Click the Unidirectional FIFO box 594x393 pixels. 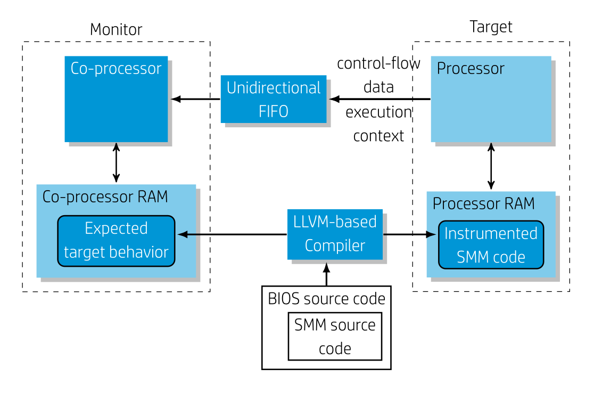click(274, 99)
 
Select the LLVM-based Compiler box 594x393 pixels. click(335, 234)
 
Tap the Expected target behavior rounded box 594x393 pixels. click(116, 240)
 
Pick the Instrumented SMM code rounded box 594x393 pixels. click(491, 245)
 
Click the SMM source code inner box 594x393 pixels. click(335, 336)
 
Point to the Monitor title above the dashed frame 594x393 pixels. click(116, 29)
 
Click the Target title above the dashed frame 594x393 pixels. click(491, 27)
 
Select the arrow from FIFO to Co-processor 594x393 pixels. click(196, 99)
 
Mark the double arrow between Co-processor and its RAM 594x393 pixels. click(116, 162)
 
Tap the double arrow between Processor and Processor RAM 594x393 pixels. click(491, 166)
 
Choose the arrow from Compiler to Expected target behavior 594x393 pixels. click(232, 234)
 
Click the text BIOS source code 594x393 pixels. click(326, 299)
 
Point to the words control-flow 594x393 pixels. click(378, 63)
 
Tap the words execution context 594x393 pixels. click(378, 124)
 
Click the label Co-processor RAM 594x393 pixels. click(105, 196)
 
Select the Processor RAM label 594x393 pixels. click(483, 203)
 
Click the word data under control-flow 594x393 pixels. click(378, 87)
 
